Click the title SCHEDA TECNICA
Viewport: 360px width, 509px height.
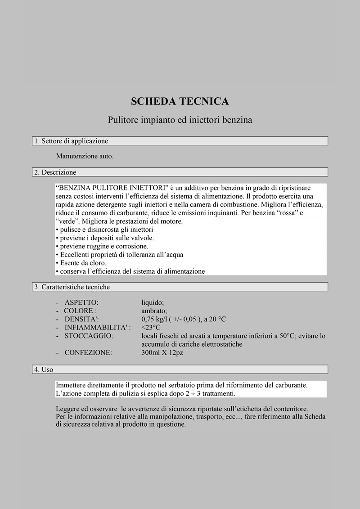(180, 101)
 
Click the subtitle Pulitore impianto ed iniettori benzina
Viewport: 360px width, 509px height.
(180, 120)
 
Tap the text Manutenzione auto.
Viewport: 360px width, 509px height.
(85, 156)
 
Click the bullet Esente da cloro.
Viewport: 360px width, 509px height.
(81, 263)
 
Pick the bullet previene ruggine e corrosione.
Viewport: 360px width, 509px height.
(102, 246)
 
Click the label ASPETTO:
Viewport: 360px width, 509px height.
(81, 302)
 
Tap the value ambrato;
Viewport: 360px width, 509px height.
(154, 311)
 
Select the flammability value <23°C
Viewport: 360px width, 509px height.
(151, 328)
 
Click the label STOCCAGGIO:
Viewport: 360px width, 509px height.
(89, 336)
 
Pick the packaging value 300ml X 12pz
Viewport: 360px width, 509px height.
(162, 353)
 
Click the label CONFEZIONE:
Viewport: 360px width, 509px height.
(88, 353)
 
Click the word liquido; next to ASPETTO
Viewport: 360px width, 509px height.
(153, 302)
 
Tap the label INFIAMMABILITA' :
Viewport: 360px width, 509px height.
(98, 328)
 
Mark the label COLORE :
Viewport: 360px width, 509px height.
(80, 311)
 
